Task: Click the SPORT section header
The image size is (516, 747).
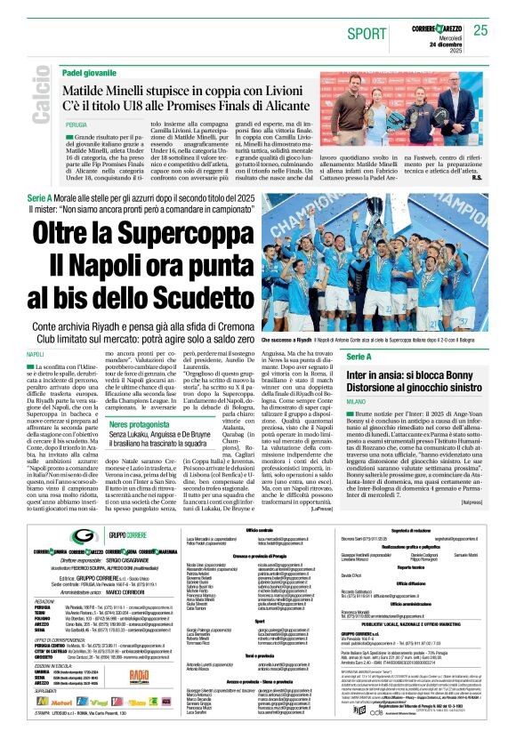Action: point(367,33)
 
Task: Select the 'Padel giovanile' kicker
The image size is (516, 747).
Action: point(89,72)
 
